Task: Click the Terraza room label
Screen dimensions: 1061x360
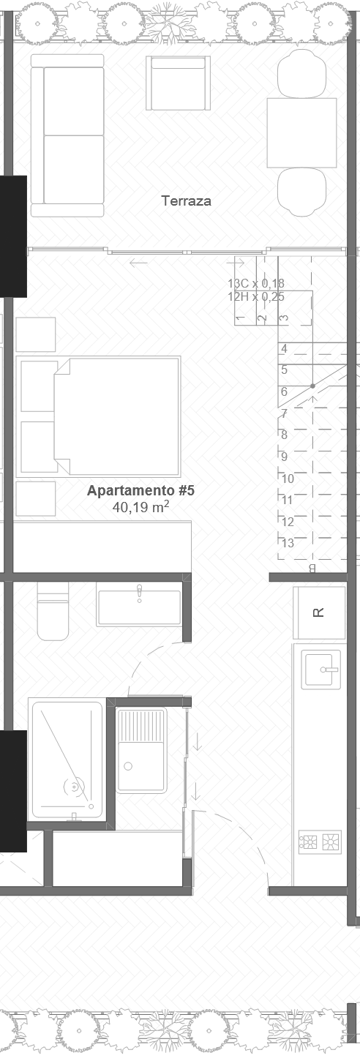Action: pyautogui.click(x=186, y=200)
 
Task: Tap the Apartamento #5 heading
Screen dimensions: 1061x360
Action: pyautogui.click(x=140, y=490)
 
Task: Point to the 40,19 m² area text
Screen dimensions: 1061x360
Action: pyautogui.click(x=140, y=506)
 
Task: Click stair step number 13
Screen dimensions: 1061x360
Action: pyautogui.click(x=288, y=543)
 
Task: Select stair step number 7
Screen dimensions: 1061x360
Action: pyautogui.click(x=284, y=413)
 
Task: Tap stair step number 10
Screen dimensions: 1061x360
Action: pyautogui.click(x=288, y=479)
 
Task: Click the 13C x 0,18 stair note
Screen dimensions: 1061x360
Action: pyautogui.click(x=255, y=284)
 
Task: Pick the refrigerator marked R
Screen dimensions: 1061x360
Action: pyautogui.click(x=318, y=612)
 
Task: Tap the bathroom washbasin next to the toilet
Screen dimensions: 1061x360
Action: pyautogui.click(x=139, y=607)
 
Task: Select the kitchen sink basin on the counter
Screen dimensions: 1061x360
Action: pyautogui.click(x=321, y=669)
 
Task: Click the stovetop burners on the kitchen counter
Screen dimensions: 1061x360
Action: pyautogui.click(x=320, y=841)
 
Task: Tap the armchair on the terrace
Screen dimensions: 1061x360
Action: pyautogui.click(x=178, y=83)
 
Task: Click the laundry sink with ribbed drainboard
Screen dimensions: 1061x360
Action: pyautogui.click(x=142, y=749)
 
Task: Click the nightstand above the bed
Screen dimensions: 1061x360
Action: pyautogui.click(x=36, y=334)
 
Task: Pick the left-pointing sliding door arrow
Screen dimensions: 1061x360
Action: pyautogui.click(x=138, y=263)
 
